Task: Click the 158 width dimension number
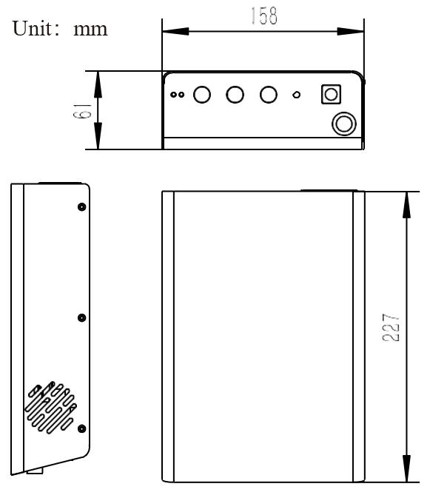click(264, 16)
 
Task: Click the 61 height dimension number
click(82, 110)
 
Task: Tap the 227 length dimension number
click(391, 328)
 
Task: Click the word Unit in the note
click(32, 28)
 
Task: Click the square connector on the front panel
click(331, 95)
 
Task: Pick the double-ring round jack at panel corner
click(344, 124)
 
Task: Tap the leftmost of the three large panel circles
click(202, 95)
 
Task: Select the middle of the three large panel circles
click(235, 95)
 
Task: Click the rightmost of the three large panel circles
click(269, 95)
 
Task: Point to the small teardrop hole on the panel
click(296, 95)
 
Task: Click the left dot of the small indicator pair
click(173, 95)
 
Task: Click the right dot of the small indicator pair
click(181, 95)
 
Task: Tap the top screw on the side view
click(81, 207)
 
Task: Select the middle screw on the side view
click(81, 318)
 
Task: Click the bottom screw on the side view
click(81, 428)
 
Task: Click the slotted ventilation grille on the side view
click(51, 408)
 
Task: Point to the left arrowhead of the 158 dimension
click(175, 31)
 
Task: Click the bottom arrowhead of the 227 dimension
click(407, 468)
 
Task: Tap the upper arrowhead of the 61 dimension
click(98, 84)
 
